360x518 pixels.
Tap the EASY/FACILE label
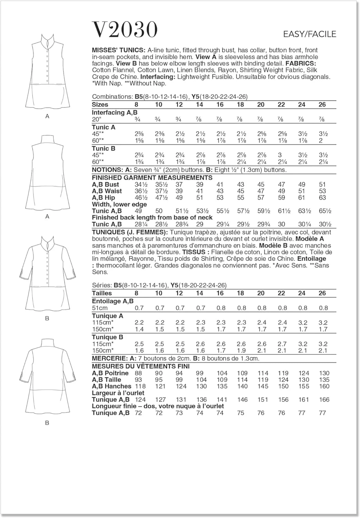click(x=309, y=34)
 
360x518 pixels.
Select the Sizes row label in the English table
click(x=100, y=105)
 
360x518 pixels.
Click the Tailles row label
click(x=102, y=293)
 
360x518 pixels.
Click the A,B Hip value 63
click(x=322, y=198)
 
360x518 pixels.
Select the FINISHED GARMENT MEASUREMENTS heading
click(x=152, y=178)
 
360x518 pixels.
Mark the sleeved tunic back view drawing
click(x=47, y=376)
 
